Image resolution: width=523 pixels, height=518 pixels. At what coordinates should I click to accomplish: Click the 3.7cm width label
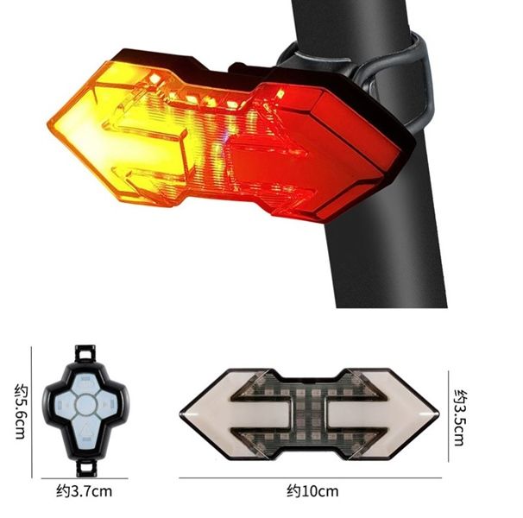85,492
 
